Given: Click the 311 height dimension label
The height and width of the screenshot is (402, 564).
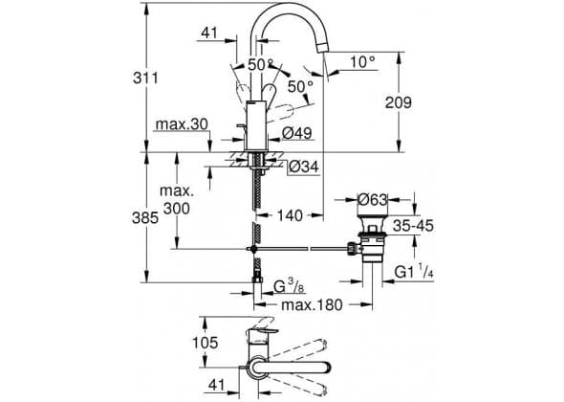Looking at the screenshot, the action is [x=145, y=78].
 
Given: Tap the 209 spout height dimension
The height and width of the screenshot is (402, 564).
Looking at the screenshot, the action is [x=399, y=102].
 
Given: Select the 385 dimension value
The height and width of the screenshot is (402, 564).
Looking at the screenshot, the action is [x=145, y=218].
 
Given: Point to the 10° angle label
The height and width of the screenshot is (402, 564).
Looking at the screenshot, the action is [x=362, y=62].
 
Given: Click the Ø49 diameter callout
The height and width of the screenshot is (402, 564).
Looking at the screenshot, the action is [x=296, y=133].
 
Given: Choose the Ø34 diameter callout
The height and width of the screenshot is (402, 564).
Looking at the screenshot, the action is [x=304, y=167].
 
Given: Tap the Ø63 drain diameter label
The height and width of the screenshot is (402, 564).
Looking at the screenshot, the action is [x=373, y=199].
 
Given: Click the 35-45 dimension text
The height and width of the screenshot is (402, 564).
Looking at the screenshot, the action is [x=413, y=226].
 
